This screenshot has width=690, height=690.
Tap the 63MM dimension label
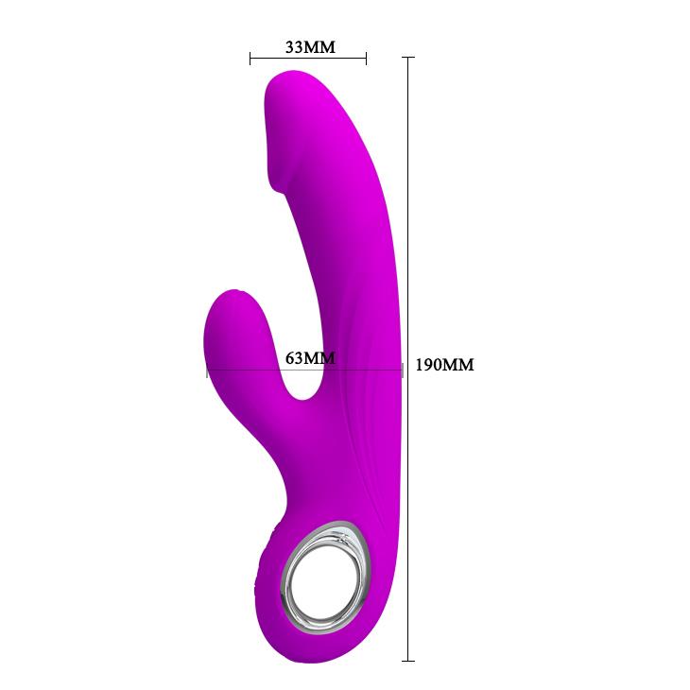310,357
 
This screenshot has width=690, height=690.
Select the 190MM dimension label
443,365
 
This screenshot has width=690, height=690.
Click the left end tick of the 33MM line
250,59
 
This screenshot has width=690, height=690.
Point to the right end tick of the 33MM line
366,59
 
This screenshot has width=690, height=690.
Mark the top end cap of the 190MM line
409,58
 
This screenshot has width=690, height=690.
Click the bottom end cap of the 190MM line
409,660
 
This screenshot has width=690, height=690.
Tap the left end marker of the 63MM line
208,371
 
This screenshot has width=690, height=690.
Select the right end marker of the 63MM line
403,371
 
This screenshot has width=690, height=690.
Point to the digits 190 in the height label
431,365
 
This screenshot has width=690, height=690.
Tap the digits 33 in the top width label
295,46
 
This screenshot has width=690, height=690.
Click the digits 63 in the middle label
295,357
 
